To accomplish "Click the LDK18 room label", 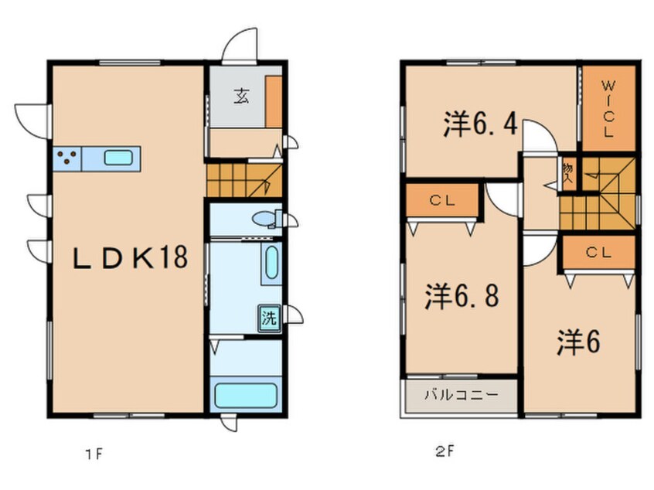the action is [x=130, y=257].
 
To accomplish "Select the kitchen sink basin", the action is [x=118, y=158].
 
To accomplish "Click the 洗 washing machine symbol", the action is [x=269, y=319].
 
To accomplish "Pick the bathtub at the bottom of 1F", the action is [x=246, y=395].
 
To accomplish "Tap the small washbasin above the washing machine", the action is [x=271, y=263].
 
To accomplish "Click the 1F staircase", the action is [x=244, y=180].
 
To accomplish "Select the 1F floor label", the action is [x=94, y=454].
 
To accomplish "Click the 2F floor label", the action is [x=445, y=451].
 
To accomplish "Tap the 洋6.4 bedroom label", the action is [x=481, y=124].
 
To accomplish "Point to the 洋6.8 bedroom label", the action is [x=462, y=296].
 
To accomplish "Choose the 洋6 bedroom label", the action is [x=578, y=342].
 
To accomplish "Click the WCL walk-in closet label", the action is [x=608, y=109].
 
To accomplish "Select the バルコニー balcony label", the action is [x=462, y=394].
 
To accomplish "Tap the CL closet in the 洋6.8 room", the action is [x=442, y=201].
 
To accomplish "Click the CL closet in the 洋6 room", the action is [x=598, y=252].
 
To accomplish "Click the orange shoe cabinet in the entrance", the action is [x=274, y=101].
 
